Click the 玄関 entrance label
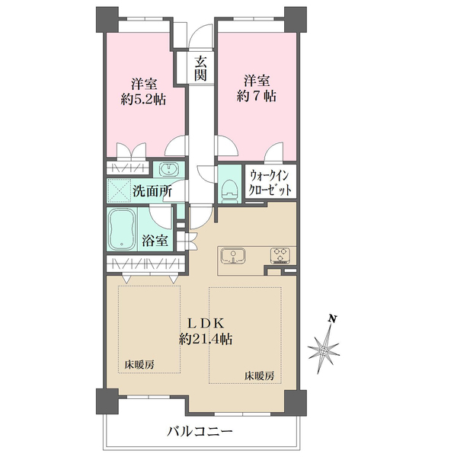[x=201, y=69]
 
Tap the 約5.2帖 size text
[x=143, y=99]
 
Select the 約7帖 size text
[x=257, y=96]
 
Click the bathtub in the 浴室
[x=122, y=229]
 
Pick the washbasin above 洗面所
[x=168, y=169]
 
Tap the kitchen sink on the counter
[x=232, y=256]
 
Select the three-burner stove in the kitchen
[x=280, y=255]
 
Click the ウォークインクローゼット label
[x=270, y=183]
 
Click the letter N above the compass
[x=332, y=318]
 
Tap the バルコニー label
[x=200, y=431]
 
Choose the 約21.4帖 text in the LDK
[x=206, y=339]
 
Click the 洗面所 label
[x=152, y=191]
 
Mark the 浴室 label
[x=155, y=241]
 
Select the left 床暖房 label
[x=139, y=365]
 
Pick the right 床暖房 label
[x=259, y=376]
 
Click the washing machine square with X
[x=120, y=190]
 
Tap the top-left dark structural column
[x=107, y=20]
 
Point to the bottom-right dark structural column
[x=296, y=402]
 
